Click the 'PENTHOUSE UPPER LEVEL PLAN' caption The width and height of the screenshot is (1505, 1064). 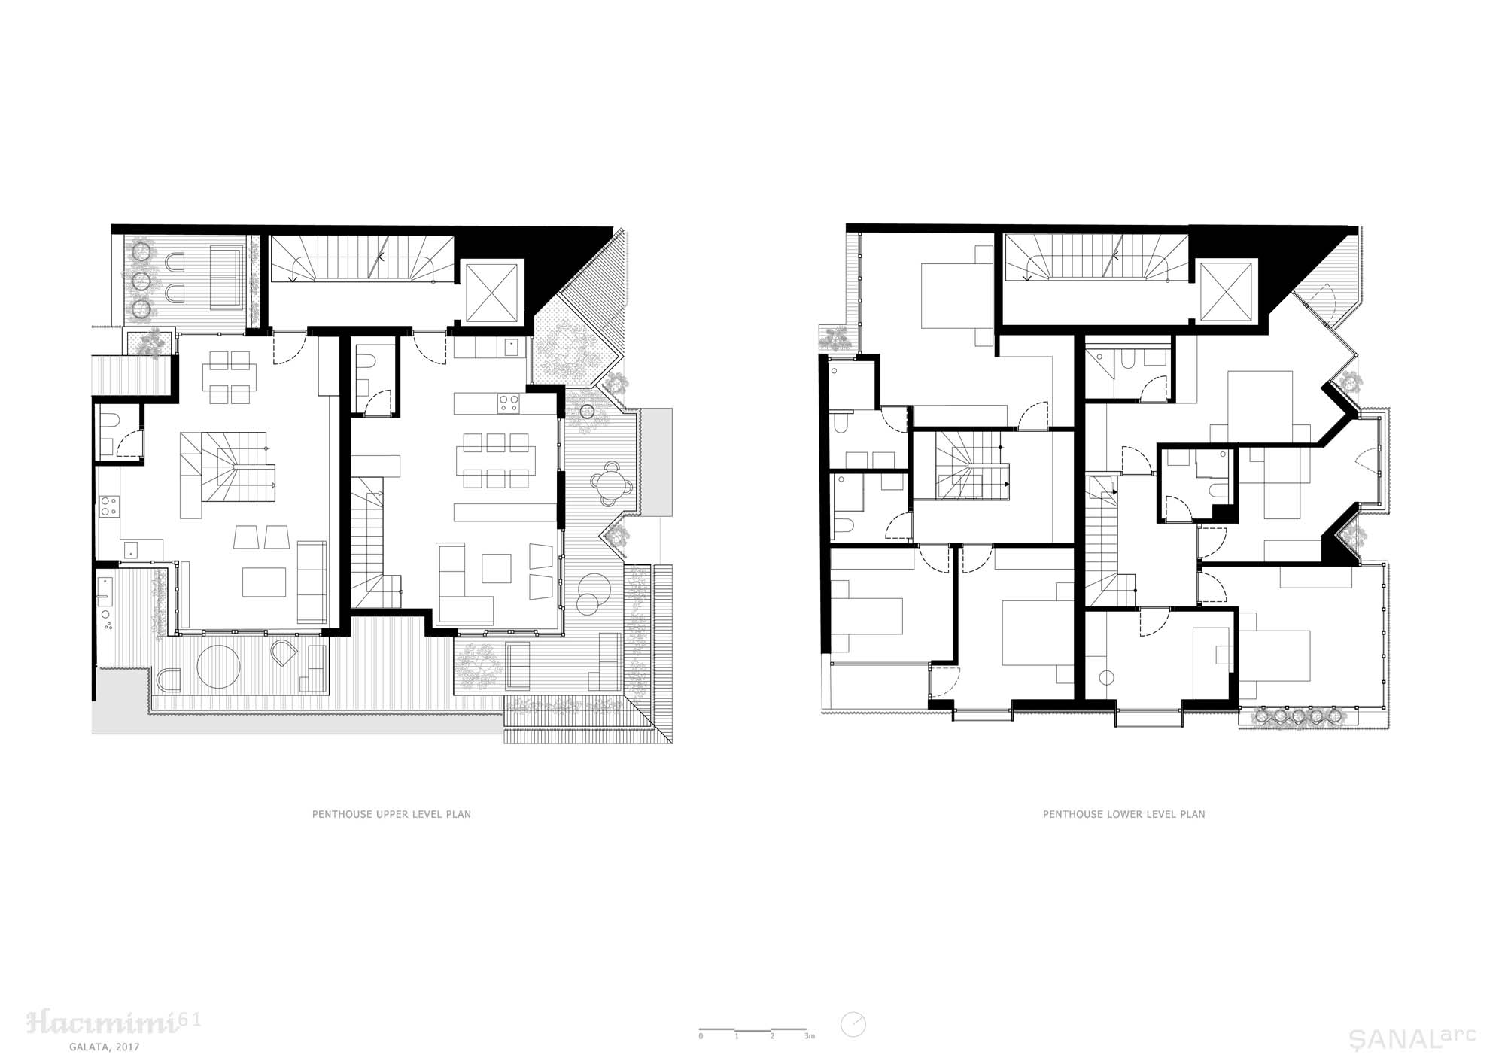tap(391, 814)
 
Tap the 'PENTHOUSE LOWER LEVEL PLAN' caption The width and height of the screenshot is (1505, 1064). tap(1123, 814)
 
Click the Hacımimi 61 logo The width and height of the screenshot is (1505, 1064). tap(113, 1021)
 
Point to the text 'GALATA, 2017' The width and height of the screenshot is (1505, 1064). tap(104, 1047)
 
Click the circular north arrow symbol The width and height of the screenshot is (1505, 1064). tap(853, 1025)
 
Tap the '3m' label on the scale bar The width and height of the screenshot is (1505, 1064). tap(809, 1036)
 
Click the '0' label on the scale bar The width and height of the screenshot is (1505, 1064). tap(701, 1036)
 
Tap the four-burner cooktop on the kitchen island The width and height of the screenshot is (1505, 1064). tap(508, 403)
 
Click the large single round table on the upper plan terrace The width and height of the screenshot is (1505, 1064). tap(218, 665)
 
